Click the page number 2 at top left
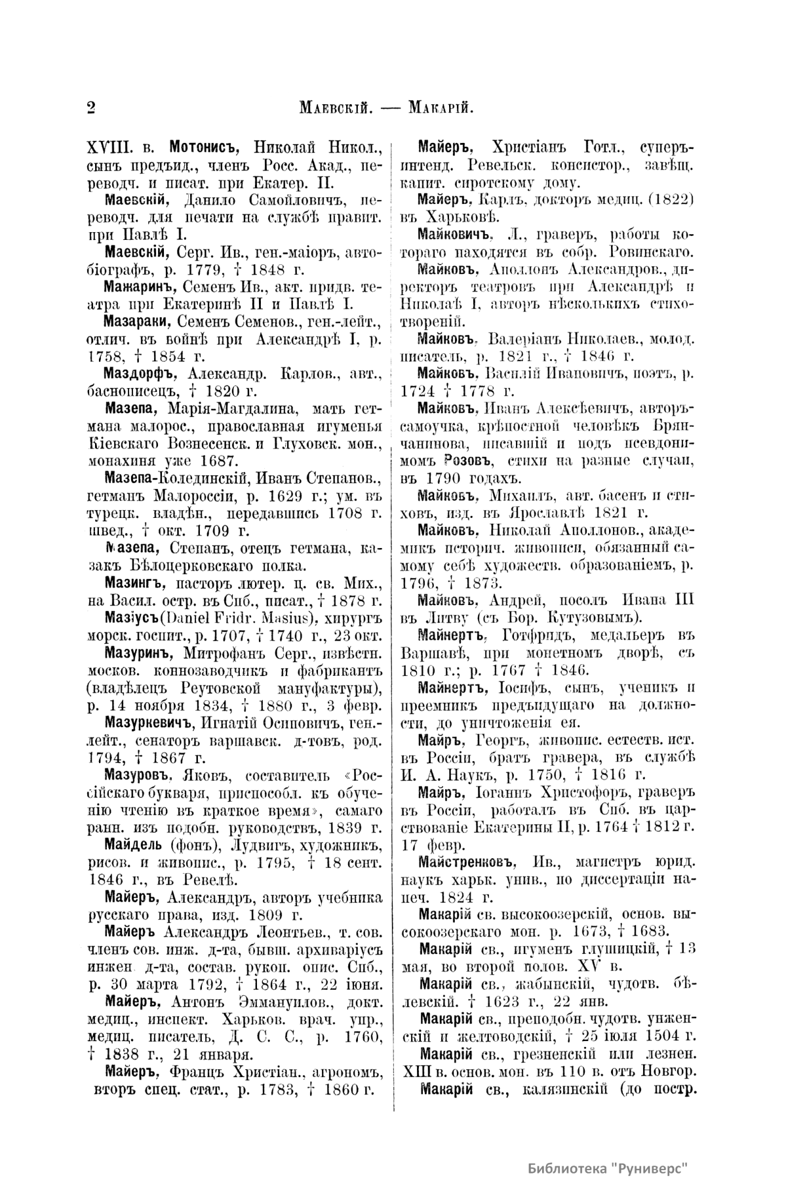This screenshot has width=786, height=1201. tap(90, 107)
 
